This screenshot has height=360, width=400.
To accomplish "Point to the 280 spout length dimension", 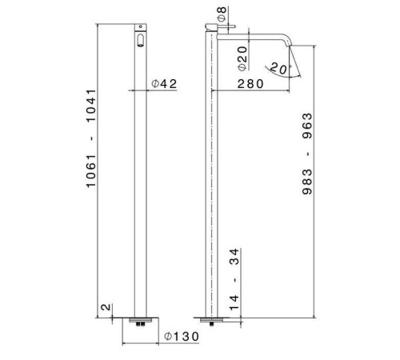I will coord(253,84).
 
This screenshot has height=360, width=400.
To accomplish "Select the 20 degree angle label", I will coord(278,69).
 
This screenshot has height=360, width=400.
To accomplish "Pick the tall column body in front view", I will coord(141,176).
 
